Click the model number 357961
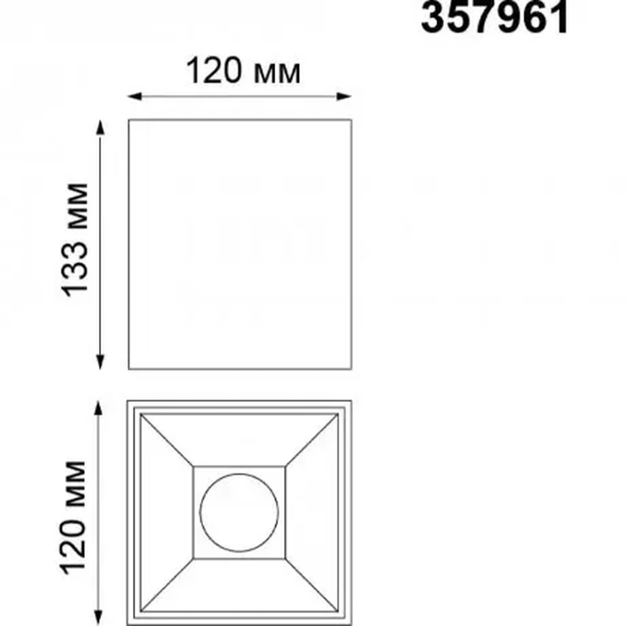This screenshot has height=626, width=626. tap(494, 17)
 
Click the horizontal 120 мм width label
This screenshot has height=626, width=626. tap(243, 71)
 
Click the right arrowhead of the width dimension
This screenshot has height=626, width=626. tap(344, 96)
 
